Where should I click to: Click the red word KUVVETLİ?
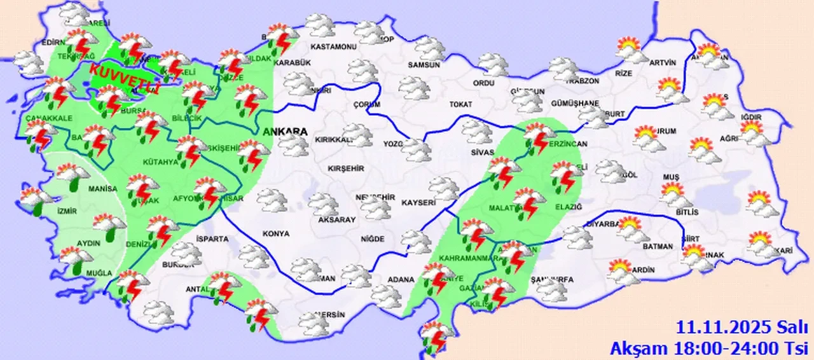point(125,76)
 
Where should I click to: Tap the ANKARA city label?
point(284,132)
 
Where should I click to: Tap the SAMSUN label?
point(424,65)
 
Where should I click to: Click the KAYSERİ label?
point(418,202)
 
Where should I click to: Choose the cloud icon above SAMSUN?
point(431,48)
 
